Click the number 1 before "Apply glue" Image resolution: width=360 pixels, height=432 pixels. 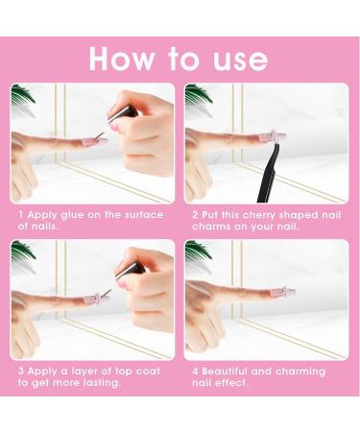pyautogui.click(x=21, y=214)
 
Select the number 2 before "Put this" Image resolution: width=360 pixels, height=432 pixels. pyautogui.click(x=195, y=214)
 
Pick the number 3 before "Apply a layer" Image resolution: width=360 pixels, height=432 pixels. pyautogui.click(x=21, y=372)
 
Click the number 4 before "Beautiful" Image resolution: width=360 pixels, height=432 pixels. pyautogui.click(x=195, y=372)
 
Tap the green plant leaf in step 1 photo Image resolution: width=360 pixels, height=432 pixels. pyautogui.click(x=22, y=93)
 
